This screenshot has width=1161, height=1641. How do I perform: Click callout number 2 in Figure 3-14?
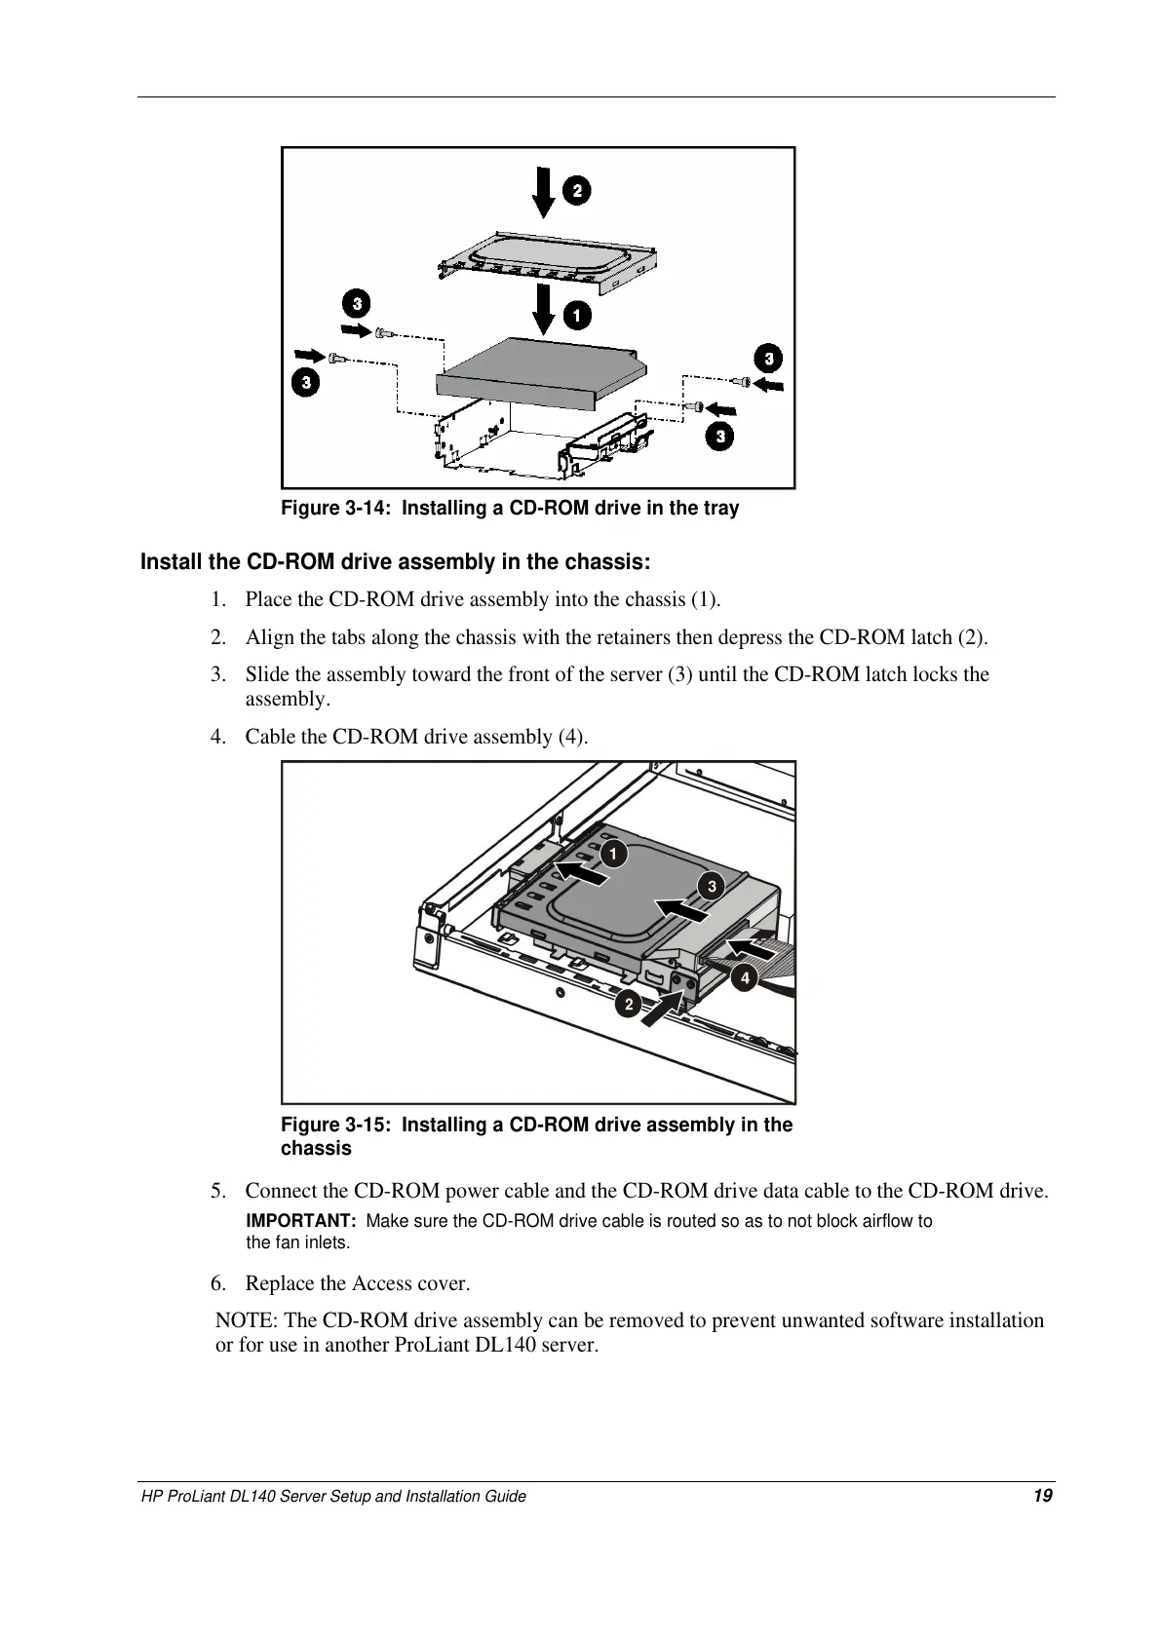[x=577, y=190]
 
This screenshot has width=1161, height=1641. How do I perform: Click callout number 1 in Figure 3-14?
[x=577, y=316]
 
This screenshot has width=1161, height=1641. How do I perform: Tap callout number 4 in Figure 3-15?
[x=746, y=976]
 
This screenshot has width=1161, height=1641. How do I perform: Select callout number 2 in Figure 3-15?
[x=629, y=1005]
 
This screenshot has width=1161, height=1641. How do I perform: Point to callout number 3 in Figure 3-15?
[x=712, y=886]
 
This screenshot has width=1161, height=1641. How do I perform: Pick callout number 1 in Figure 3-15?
[x=613, y=854]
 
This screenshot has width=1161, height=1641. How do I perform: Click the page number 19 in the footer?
[x=1043, y=1496]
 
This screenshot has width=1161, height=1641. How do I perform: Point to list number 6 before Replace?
[x=217, y=1283]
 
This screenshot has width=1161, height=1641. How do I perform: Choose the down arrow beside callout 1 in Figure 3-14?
[x=544, y=307]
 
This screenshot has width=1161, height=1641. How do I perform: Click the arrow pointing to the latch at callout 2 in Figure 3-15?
[x=663, y=1005]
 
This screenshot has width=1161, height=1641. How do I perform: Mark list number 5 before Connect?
[x=217, y=1191]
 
